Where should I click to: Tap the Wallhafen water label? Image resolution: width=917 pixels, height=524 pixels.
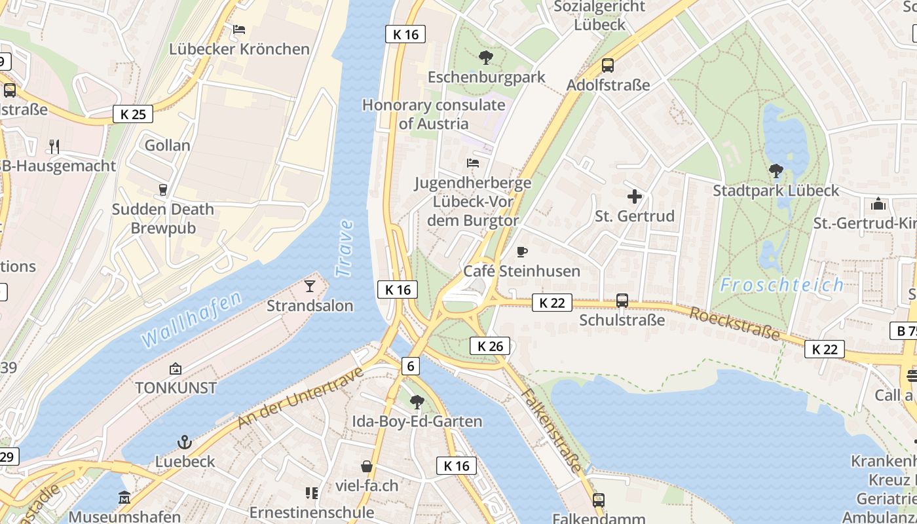191,319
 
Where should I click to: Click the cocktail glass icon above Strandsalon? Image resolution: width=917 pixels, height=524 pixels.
310,286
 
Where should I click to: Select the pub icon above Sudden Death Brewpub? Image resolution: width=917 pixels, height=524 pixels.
163,190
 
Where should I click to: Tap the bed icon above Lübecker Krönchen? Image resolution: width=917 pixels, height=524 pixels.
239,29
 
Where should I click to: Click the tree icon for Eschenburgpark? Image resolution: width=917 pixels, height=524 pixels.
486,58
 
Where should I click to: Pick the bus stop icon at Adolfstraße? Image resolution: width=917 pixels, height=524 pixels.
608,65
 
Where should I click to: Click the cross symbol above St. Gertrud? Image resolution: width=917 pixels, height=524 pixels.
634,196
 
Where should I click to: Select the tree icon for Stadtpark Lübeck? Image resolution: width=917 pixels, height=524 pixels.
776,172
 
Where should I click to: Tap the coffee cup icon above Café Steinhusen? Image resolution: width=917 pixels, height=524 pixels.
522,252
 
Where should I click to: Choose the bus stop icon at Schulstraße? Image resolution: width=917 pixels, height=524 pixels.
622,301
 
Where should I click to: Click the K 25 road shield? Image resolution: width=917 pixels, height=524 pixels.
133,114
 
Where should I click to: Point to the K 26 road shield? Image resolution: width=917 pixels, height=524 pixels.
490,346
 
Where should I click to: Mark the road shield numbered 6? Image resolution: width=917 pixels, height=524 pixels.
411,366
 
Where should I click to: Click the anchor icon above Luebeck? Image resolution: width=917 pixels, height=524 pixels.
185,442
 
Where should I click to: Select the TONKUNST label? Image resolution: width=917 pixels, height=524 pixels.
176,388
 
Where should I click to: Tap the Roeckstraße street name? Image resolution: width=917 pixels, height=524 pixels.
735,324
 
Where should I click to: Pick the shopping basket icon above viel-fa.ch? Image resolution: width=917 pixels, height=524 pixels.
367,466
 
